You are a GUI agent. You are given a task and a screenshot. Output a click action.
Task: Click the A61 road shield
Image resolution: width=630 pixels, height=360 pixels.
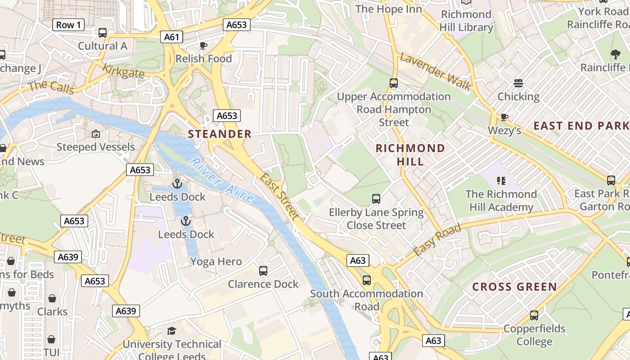click(172, 37)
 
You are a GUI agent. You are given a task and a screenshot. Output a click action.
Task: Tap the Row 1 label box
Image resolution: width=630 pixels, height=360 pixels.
click(68, 25)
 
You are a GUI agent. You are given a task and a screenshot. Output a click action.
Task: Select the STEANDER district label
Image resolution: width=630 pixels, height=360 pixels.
click(220, 134)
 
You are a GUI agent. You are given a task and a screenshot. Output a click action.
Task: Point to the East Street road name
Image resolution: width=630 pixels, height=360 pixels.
click(279, 197)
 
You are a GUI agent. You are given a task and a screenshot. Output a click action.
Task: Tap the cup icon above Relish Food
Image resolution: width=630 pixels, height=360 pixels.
click(203, 45)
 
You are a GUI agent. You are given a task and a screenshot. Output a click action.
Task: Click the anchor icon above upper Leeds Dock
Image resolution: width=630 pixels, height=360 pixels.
click(177, 184)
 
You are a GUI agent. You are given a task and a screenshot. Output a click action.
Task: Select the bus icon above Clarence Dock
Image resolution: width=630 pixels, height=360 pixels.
click(263, 271)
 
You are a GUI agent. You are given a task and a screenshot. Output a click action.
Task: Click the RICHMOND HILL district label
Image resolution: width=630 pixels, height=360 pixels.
click(410, 154)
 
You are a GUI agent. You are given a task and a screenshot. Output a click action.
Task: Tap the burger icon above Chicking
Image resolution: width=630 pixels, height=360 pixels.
click(518, 83)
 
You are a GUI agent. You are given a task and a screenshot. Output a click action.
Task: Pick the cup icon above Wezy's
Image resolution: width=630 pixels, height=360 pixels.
click(504, 117)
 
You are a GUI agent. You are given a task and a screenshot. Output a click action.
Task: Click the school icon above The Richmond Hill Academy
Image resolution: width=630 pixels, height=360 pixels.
click(501, 181)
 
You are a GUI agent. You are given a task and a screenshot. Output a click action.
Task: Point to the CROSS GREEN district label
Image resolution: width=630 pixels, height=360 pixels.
click(514, 287)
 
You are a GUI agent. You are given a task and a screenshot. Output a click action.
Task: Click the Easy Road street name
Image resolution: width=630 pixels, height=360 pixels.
click(437, 240)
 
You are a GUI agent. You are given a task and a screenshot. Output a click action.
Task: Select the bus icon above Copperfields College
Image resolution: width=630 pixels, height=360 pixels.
click(534, 315)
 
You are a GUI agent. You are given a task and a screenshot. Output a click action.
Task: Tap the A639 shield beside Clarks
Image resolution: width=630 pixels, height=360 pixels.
click(126, 311)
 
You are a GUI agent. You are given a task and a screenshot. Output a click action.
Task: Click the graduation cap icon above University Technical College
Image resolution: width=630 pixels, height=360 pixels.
click(171, 331)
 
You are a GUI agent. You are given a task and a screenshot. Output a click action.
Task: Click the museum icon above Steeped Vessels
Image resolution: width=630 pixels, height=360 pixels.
click(95, 134)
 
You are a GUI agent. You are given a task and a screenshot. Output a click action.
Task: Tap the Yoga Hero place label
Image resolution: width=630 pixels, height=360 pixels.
click(216, 261)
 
